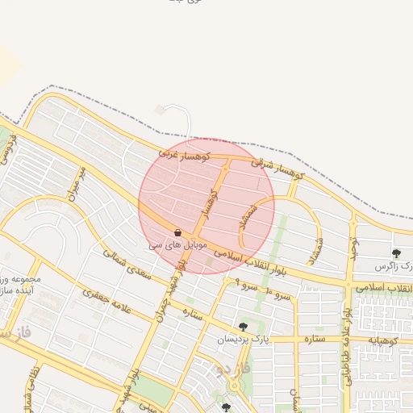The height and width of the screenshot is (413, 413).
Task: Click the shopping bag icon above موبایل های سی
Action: [x=177, y=232]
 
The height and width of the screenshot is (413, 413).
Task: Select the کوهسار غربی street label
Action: [x=184, y=153]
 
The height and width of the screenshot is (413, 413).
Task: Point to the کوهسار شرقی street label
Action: [x=276, y=168]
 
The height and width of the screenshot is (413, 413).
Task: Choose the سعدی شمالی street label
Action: [x=127, y=263]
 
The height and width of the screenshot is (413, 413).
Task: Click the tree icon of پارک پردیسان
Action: [x=242, y=327]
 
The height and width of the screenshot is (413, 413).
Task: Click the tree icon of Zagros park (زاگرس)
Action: [x=395, y=254]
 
